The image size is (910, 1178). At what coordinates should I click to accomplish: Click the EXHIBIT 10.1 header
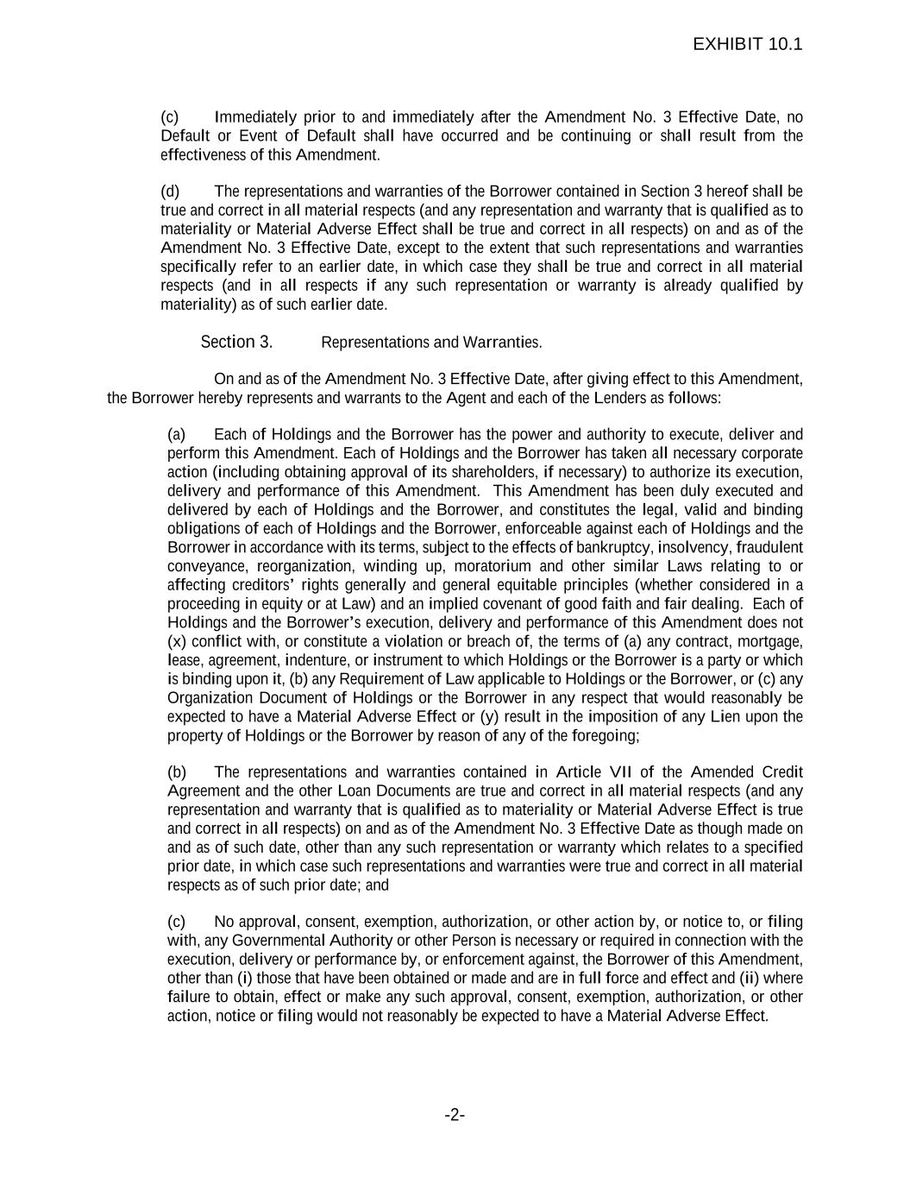[747, 44]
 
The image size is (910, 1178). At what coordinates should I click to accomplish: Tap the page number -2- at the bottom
[455, 1115]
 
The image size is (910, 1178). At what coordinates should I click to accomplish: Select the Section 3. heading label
[236, 342]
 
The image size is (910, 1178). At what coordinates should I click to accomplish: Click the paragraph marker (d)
[170, 191]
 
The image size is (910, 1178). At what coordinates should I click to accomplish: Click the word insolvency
[695, 547]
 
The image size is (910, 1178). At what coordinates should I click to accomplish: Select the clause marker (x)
[176, 641]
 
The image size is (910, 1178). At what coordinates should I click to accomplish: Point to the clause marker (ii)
[749, 978]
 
